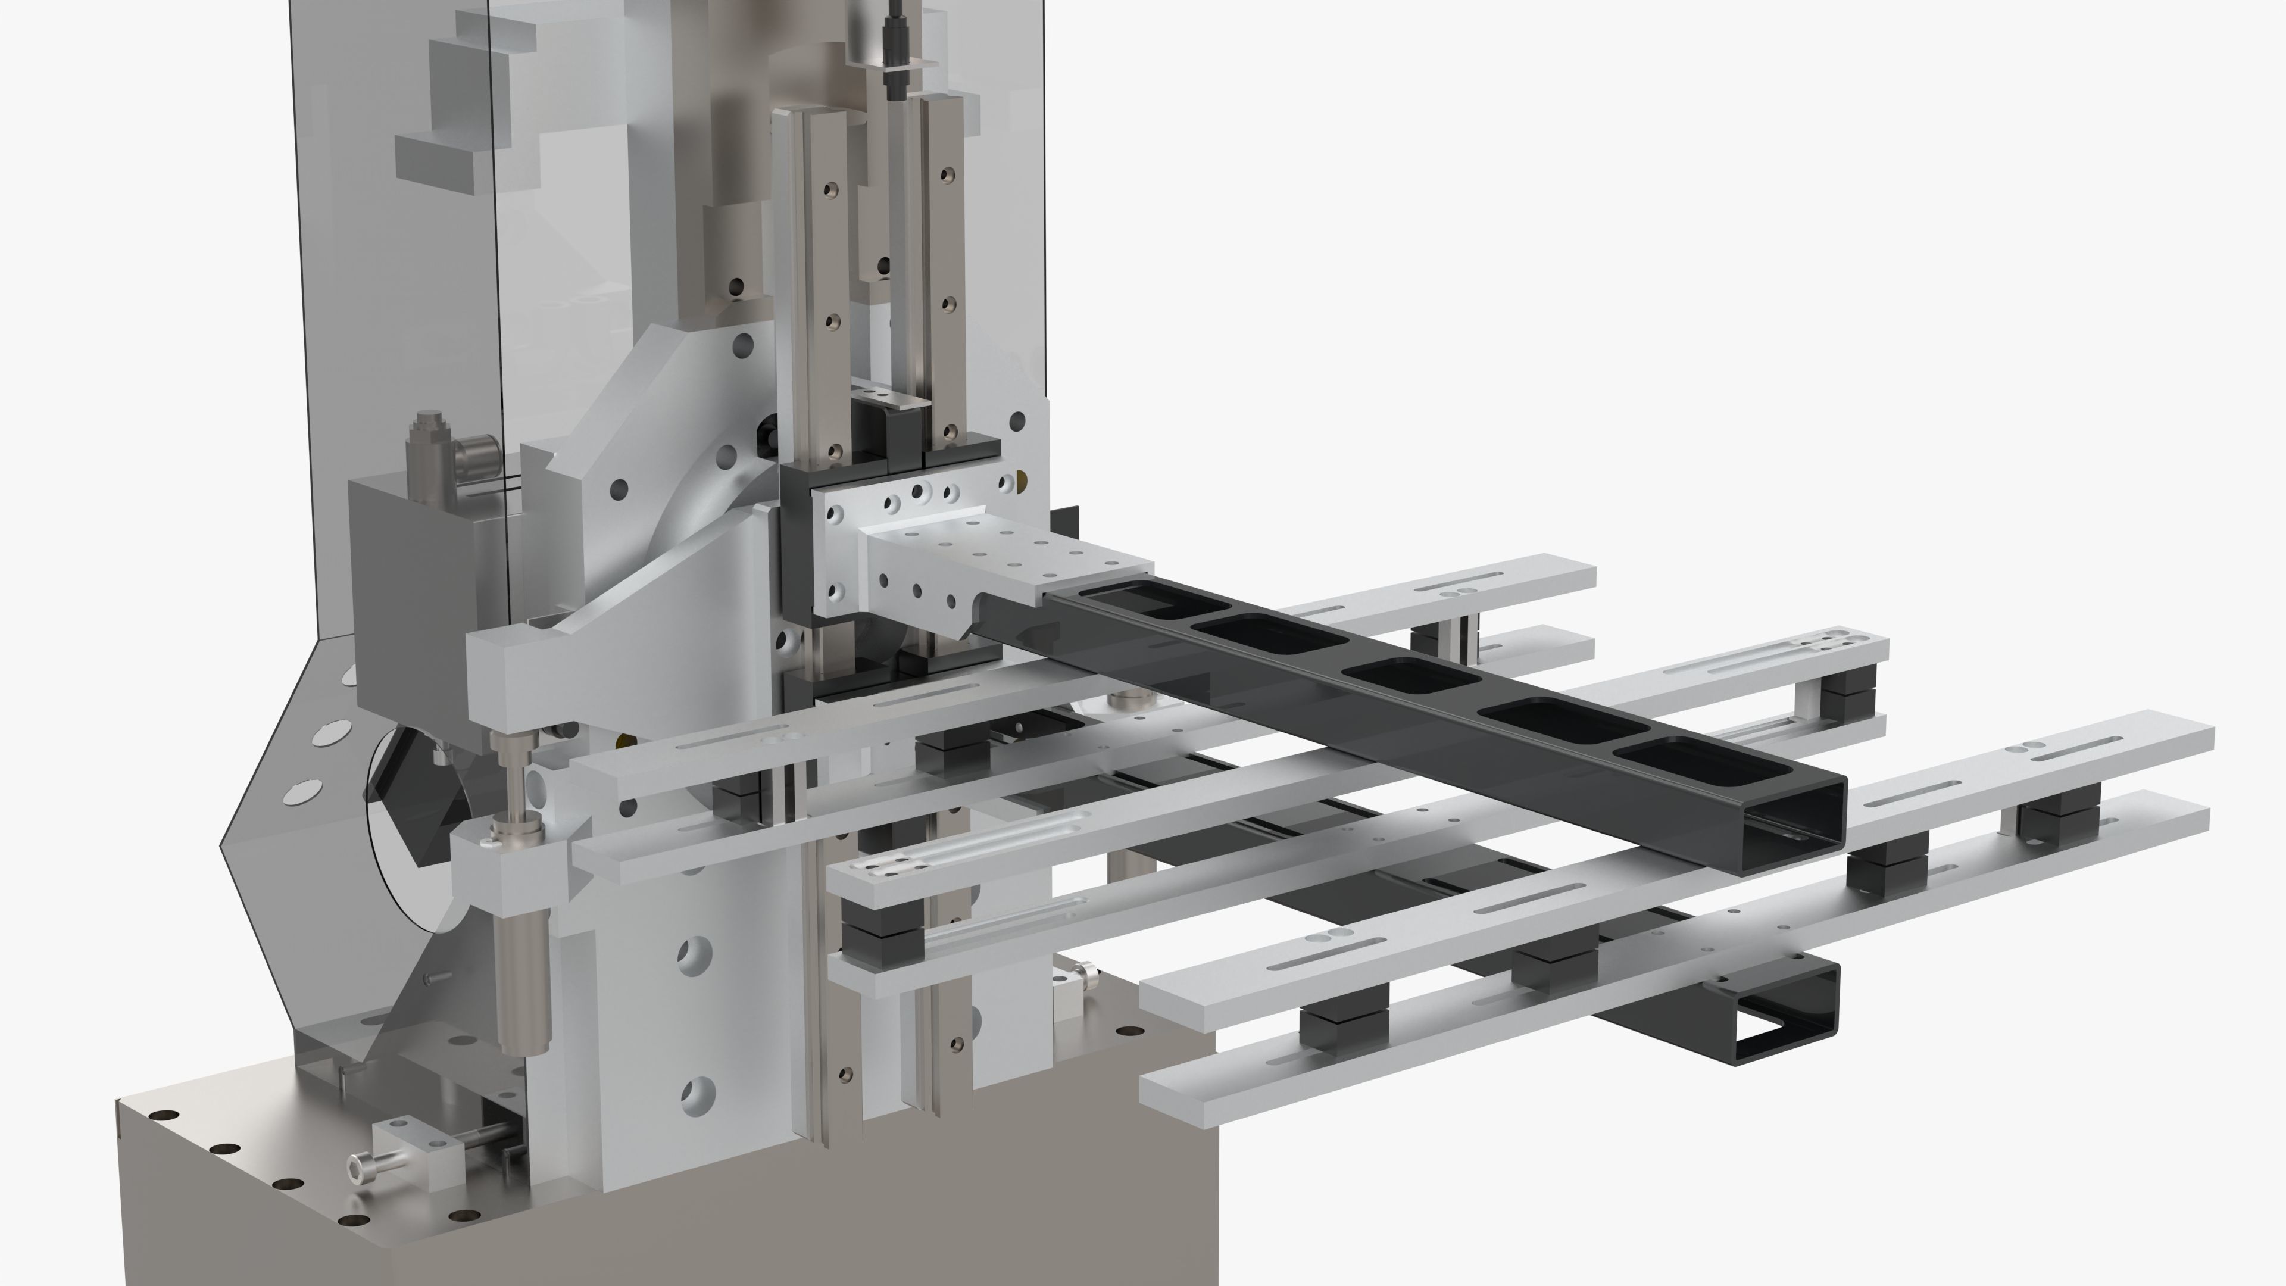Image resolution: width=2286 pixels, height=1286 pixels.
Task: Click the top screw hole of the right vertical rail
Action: [949, 171]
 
